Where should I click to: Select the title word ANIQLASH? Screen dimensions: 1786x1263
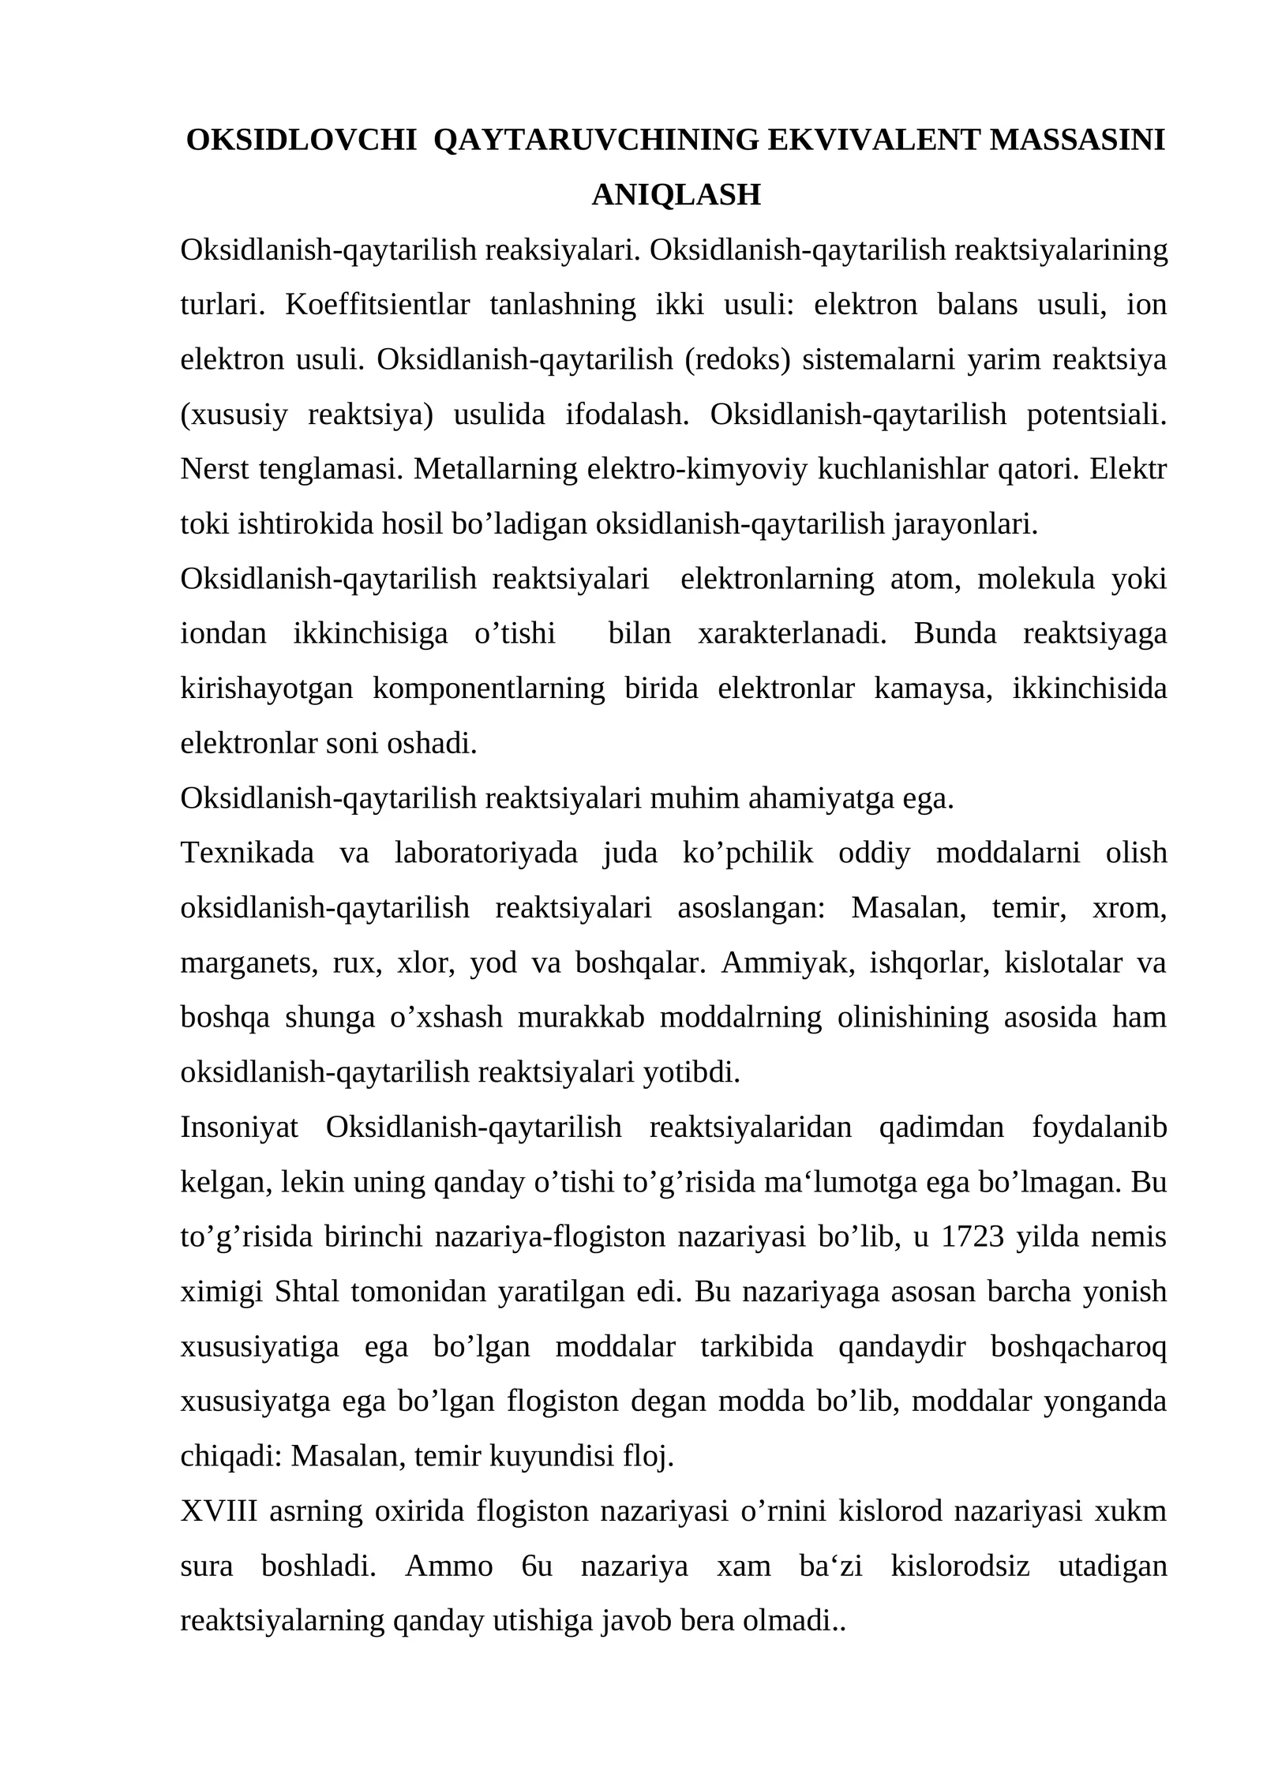[x=676, y=194]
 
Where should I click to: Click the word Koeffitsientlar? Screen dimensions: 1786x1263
[x=377, y=304]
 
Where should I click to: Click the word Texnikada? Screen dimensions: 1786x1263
[x=247, y=853]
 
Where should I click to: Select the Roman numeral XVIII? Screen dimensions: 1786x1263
[x=219, y=1511]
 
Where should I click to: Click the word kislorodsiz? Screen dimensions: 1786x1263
[x=960, y=1566]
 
